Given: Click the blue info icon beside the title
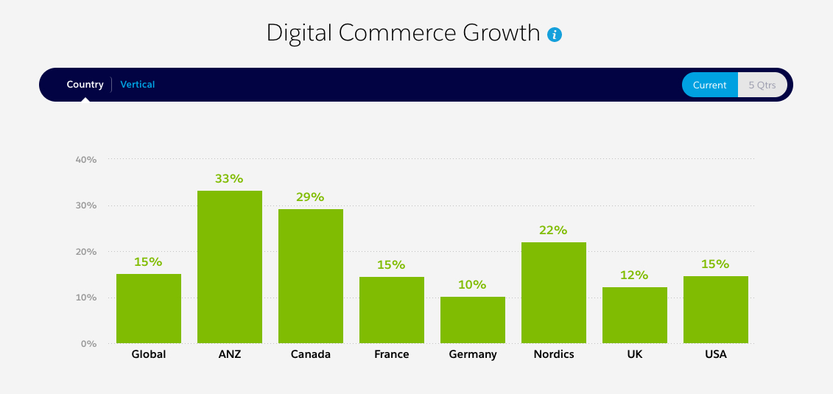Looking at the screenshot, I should (x=555, y=34).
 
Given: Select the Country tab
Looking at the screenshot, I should (x=85, y=85).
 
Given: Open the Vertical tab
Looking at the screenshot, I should (x=138, y=85).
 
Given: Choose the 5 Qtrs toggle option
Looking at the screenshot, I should (x=762, y=85).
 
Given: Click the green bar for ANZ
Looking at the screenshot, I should (x=230, y=267).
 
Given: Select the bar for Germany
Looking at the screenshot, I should (x=473, y=320).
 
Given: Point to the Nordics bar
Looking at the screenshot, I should (x=554, y=292).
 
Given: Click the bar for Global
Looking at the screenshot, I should (x=149, y=308).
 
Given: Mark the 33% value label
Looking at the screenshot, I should (x=229, y=179).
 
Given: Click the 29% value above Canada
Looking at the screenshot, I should (x=310, y=197).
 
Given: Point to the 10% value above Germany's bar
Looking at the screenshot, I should (x=472, y=285).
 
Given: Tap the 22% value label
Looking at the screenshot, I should (x=553, y=231).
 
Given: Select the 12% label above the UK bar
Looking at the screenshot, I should (x=634, y=275).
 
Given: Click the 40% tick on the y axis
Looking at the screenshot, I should (x=86, y=159).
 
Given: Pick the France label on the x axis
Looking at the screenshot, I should (x=391, y=354).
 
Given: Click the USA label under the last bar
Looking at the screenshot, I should (x=715, y=354).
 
